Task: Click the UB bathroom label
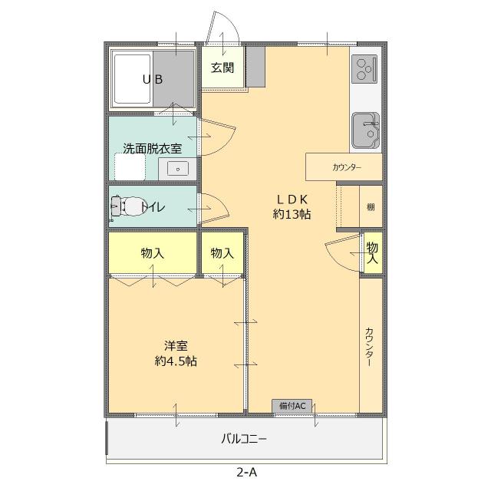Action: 152,79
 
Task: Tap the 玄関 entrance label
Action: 222,68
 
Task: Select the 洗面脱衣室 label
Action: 152,149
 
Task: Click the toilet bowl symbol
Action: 126,206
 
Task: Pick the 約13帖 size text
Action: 292,215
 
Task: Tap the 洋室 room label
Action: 176,345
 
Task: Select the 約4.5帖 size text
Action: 176,361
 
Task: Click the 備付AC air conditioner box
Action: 292,405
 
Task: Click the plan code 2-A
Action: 246,473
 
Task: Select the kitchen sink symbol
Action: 365,131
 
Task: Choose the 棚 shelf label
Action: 371,206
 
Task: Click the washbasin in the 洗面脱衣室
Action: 178,168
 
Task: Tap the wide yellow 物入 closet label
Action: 152,252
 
